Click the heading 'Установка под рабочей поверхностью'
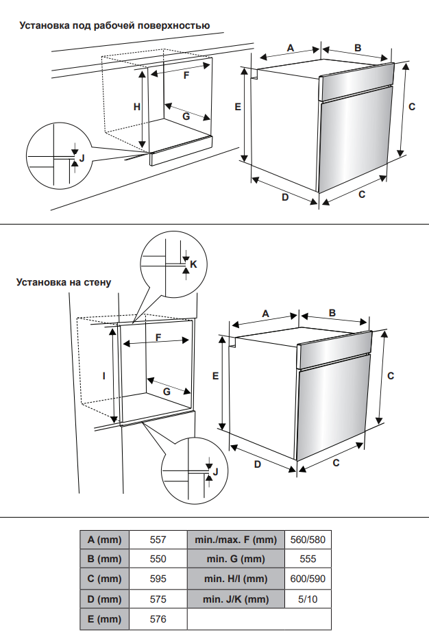[114, 26]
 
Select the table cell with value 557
[158, 540]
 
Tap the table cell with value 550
[158, 559]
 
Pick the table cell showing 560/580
[308, 540]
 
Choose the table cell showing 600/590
[308, 579]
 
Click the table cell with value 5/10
[308, 599]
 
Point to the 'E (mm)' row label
[105, 619]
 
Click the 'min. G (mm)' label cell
[235, 559]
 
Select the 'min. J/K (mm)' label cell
[235, 599]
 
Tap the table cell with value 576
[158, 619]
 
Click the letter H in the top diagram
[137, 107]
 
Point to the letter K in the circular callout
[193, 264]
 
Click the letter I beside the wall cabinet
[103, 375]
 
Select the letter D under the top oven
[284, 197]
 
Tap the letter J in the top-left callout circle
[82, 158]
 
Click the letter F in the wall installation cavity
[158, 338]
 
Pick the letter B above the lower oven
[332, 313]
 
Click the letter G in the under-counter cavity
[186, 116]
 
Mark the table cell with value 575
[158, 599]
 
